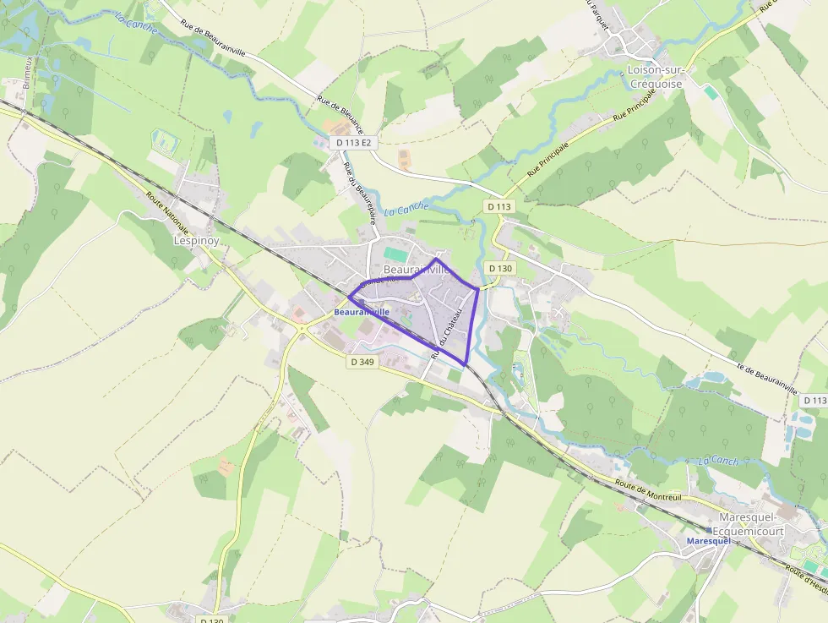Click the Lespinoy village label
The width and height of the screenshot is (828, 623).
point(196,240)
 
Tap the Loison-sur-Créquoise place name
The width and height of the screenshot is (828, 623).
point(656,77)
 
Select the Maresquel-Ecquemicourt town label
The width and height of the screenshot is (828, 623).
point(751,524)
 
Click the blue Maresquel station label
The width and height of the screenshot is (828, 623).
point(708,540)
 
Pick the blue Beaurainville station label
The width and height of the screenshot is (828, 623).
point(362,312)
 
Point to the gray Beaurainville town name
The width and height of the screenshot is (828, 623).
point(415,269)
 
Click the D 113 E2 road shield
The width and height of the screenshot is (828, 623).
point(353,143)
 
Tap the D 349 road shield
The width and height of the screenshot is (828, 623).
point(361,362)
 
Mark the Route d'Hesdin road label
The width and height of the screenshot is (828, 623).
point(805,582)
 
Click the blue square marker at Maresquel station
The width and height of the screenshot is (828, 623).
point(709,530)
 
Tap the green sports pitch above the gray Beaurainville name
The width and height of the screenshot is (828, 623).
point(395,253)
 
